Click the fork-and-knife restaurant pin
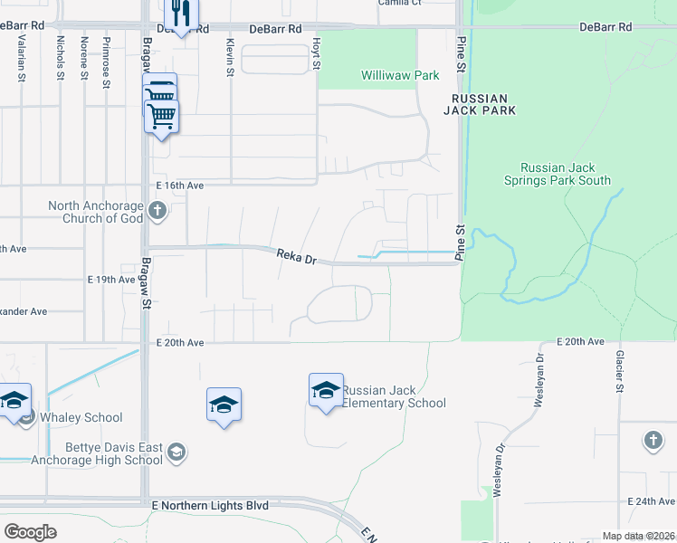coord(181,14)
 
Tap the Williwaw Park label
coord(400,76)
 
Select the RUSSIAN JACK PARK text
coord(480,104)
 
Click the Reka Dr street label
coord(296,259)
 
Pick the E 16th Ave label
coord(179,185)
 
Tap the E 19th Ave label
coord(112,280)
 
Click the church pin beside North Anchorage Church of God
coord(157,212)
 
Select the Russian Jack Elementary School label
coord(394,396)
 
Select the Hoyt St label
coord(317,52)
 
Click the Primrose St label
coord(107,69)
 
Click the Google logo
coord(30,532)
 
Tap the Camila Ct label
coord(401,4)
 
